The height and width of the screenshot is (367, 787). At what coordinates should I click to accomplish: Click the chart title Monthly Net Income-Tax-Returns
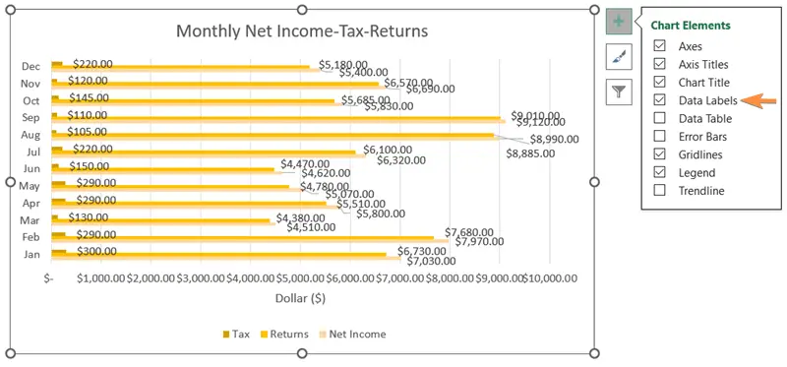(301, 31)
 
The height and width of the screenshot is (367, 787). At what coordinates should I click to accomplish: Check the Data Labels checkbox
(659, 100)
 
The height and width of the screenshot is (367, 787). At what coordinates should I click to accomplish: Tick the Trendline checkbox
(659, 191)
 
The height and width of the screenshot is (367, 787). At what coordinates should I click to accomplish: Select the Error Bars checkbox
(659, 137)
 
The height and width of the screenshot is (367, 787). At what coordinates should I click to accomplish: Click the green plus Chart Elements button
(619, 22)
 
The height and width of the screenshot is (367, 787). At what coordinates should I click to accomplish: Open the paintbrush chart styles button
(619, 57)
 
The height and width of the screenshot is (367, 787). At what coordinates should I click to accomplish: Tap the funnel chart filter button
(619, 92)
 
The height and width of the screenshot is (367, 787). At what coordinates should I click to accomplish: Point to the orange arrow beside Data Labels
(752, 100)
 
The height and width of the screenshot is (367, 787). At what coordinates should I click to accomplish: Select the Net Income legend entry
(353, 334)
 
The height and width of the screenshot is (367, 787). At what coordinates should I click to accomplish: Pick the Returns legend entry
(284, 334)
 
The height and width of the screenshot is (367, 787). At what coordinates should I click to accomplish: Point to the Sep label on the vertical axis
(30, 118)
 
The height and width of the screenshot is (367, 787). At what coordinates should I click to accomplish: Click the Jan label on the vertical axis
(30, 254)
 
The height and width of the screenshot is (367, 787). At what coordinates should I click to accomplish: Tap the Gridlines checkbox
(659, 154)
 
